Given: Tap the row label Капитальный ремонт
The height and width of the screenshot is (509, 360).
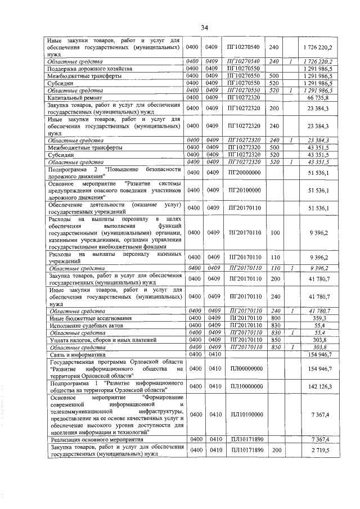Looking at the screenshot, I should click(x=72, y=98).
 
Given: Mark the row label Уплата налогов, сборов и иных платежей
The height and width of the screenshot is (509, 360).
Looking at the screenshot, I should click(x=98, y=340).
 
